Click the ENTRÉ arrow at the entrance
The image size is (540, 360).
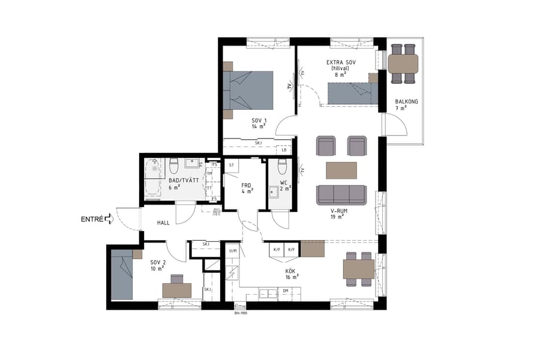109,220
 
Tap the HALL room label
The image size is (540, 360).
163,223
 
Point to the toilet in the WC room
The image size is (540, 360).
281,166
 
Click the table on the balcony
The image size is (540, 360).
403,63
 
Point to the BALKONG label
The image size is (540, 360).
406,101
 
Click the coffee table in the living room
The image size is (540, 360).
341,170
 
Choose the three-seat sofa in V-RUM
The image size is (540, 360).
341,194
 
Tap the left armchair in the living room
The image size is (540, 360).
326,146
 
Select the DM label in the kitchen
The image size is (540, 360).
286,291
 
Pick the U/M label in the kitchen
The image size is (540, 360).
233,250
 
